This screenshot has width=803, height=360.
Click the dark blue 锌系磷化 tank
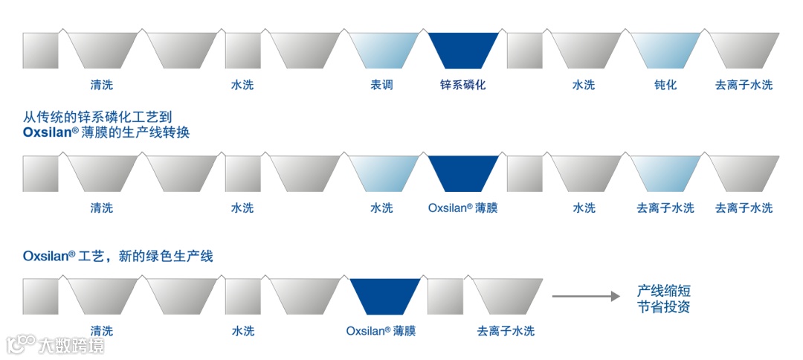(x=463, y=51)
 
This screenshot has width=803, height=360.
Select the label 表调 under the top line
(x=381, y=85)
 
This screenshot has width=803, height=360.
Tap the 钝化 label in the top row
(x=665, y=85)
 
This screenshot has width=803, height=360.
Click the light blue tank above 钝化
(x=665, y=51)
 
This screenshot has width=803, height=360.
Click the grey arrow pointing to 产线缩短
(x=585, y=296)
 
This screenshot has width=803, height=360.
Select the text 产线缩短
(x=663, y=291)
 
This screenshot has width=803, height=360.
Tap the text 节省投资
(x=663, y=306)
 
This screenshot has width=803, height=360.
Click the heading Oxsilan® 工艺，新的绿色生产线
(x=118, y=256)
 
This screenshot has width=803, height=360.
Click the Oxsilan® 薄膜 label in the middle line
(x=462, y=208)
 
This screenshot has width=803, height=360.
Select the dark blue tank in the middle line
(x=463, y=173)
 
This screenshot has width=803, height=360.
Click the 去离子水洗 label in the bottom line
(x=506, y=331)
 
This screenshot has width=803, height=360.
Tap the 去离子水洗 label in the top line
(x=744, y=85)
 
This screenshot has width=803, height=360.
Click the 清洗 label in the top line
(x=102, y=85)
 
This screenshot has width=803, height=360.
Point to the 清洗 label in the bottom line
(x=102, y=331)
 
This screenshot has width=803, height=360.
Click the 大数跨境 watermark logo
(x=56, y=345)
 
